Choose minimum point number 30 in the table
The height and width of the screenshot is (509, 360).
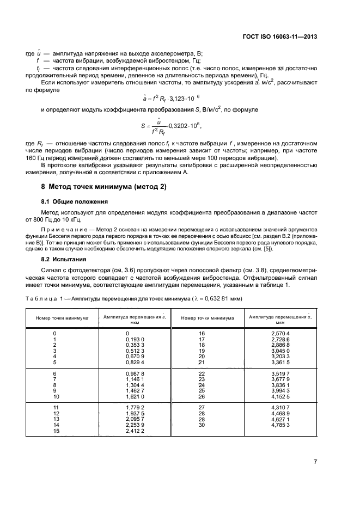click(x=202, y=425)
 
